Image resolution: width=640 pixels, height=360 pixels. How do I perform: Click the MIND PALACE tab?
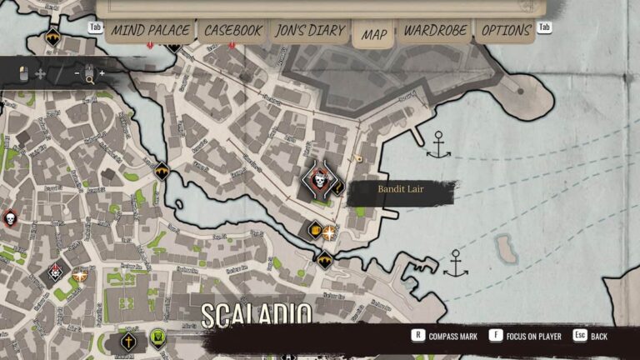pyautogui.click(x=150, y=31)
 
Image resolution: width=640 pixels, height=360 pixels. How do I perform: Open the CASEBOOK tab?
pyautogui.click(x=232, y=31)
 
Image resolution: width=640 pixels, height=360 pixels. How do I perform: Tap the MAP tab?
pyautogui.click(x=374, y=34)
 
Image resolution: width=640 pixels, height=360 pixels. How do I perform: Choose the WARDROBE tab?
pyautogui.click(x=436, y=31)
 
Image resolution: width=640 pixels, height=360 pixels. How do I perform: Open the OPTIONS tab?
pyautogui.click(x=507, y=31)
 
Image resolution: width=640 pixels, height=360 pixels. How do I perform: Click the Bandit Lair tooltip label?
pyautogui.click(x=402, y=192)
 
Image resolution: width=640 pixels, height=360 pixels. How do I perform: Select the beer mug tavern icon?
pyautogui.click(x=315, y=230)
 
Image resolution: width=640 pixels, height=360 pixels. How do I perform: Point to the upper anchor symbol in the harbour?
pyautogui.click(x=438, y=147)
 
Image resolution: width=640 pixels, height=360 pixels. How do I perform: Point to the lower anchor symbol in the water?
pyautogui.click(x=455, y=263)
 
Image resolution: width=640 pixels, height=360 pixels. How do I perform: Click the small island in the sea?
pyautogui.click(x=505, y=247)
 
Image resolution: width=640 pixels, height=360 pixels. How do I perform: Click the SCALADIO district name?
pyautogui.click(x=256, y=316)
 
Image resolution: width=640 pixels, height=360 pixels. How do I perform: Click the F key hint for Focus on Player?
pyautogui.click(x=496, y=336)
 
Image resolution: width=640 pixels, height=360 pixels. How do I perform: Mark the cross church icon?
pyautogui.click(x=129, y=341)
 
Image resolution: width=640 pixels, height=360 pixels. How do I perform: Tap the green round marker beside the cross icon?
pyautogui.click(x=158, y=337)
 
